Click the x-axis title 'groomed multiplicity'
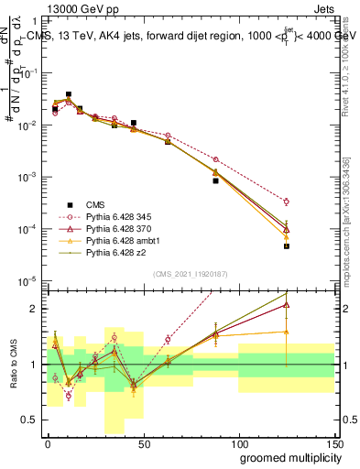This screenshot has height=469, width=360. pyautogui.click(x=287, y=458)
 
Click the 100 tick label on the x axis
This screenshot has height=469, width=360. pyautogui.click(x=238, y=444)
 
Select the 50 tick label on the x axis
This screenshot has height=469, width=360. pyautogui.click(x=143, y=444)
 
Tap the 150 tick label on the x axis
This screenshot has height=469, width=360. pyautogui.click(x=333, y=444)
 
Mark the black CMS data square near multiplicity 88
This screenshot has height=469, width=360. pyautogui.click(x=216, y=180)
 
